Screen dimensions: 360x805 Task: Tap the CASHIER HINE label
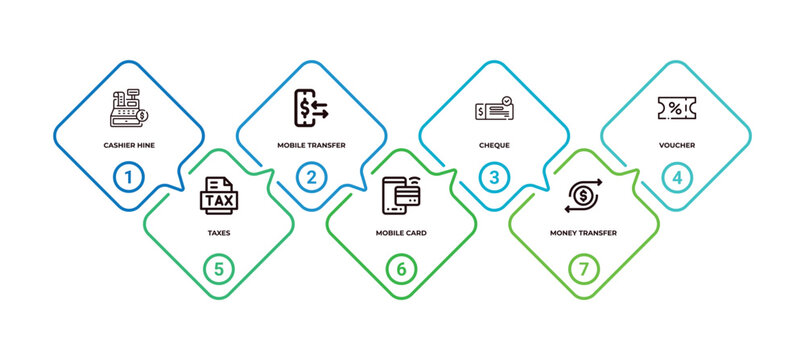[128, 145]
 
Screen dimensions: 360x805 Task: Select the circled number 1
[128, 178]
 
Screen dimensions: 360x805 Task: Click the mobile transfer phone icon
[311, 106]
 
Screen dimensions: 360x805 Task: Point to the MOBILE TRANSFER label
[311, 145]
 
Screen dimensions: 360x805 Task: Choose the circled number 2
[311, 178]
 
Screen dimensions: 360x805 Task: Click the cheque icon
[494, 109]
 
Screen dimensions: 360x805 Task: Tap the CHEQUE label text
[494, 145]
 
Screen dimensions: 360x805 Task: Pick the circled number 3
[494, 178]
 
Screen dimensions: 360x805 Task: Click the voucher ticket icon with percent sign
[677, 108]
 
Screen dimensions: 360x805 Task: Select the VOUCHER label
[677, 145]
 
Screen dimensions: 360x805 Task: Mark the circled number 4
[677, 178]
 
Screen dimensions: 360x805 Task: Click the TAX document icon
[219, 196]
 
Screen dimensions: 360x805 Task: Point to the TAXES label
[219, 233]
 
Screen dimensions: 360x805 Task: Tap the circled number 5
[219, 268]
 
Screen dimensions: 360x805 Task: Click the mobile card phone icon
[402, 195]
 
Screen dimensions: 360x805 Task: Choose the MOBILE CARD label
[402, 233]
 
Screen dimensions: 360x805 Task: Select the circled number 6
[402, 268]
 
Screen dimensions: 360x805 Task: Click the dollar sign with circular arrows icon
[585, 195]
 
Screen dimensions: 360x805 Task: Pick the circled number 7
[585, 268]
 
